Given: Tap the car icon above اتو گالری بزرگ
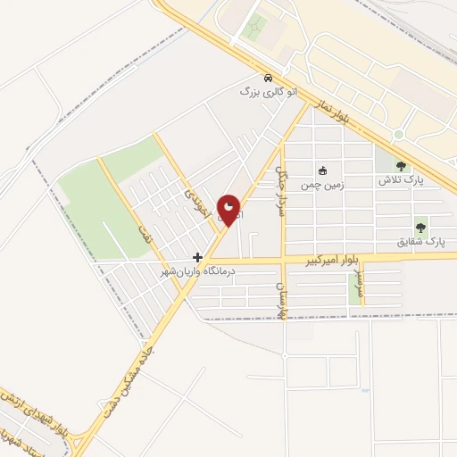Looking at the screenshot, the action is pyautogui.click(x=269, y=77).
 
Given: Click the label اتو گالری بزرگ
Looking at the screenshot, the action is pyautogui.click(x=268, y=91).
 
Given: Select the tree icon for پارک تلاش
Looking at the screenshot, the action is pyautogui.click(x=401, y=165).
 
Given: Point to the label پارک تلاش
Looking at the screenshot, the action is pyautogui.click(x=401, y=179).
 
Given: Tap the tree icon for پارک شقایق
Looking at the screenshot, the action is pyautogui.click(x=420, y=228).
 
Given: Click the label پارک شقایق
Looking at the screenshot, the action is pyautogui.click(x=420, y=242).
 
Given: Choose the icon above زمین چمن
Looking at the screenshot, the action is pyautogui.click(x=322, y=171).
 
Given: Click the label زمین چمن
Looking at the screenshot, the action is pyautogui.click(x=321, y=186).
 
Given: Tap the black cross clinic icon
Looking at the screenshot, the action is pyautogui.click(x=197, y=257).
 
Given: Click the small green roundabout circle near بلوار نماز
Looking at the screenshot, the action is pyautogui.click(x=398, y=135).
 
